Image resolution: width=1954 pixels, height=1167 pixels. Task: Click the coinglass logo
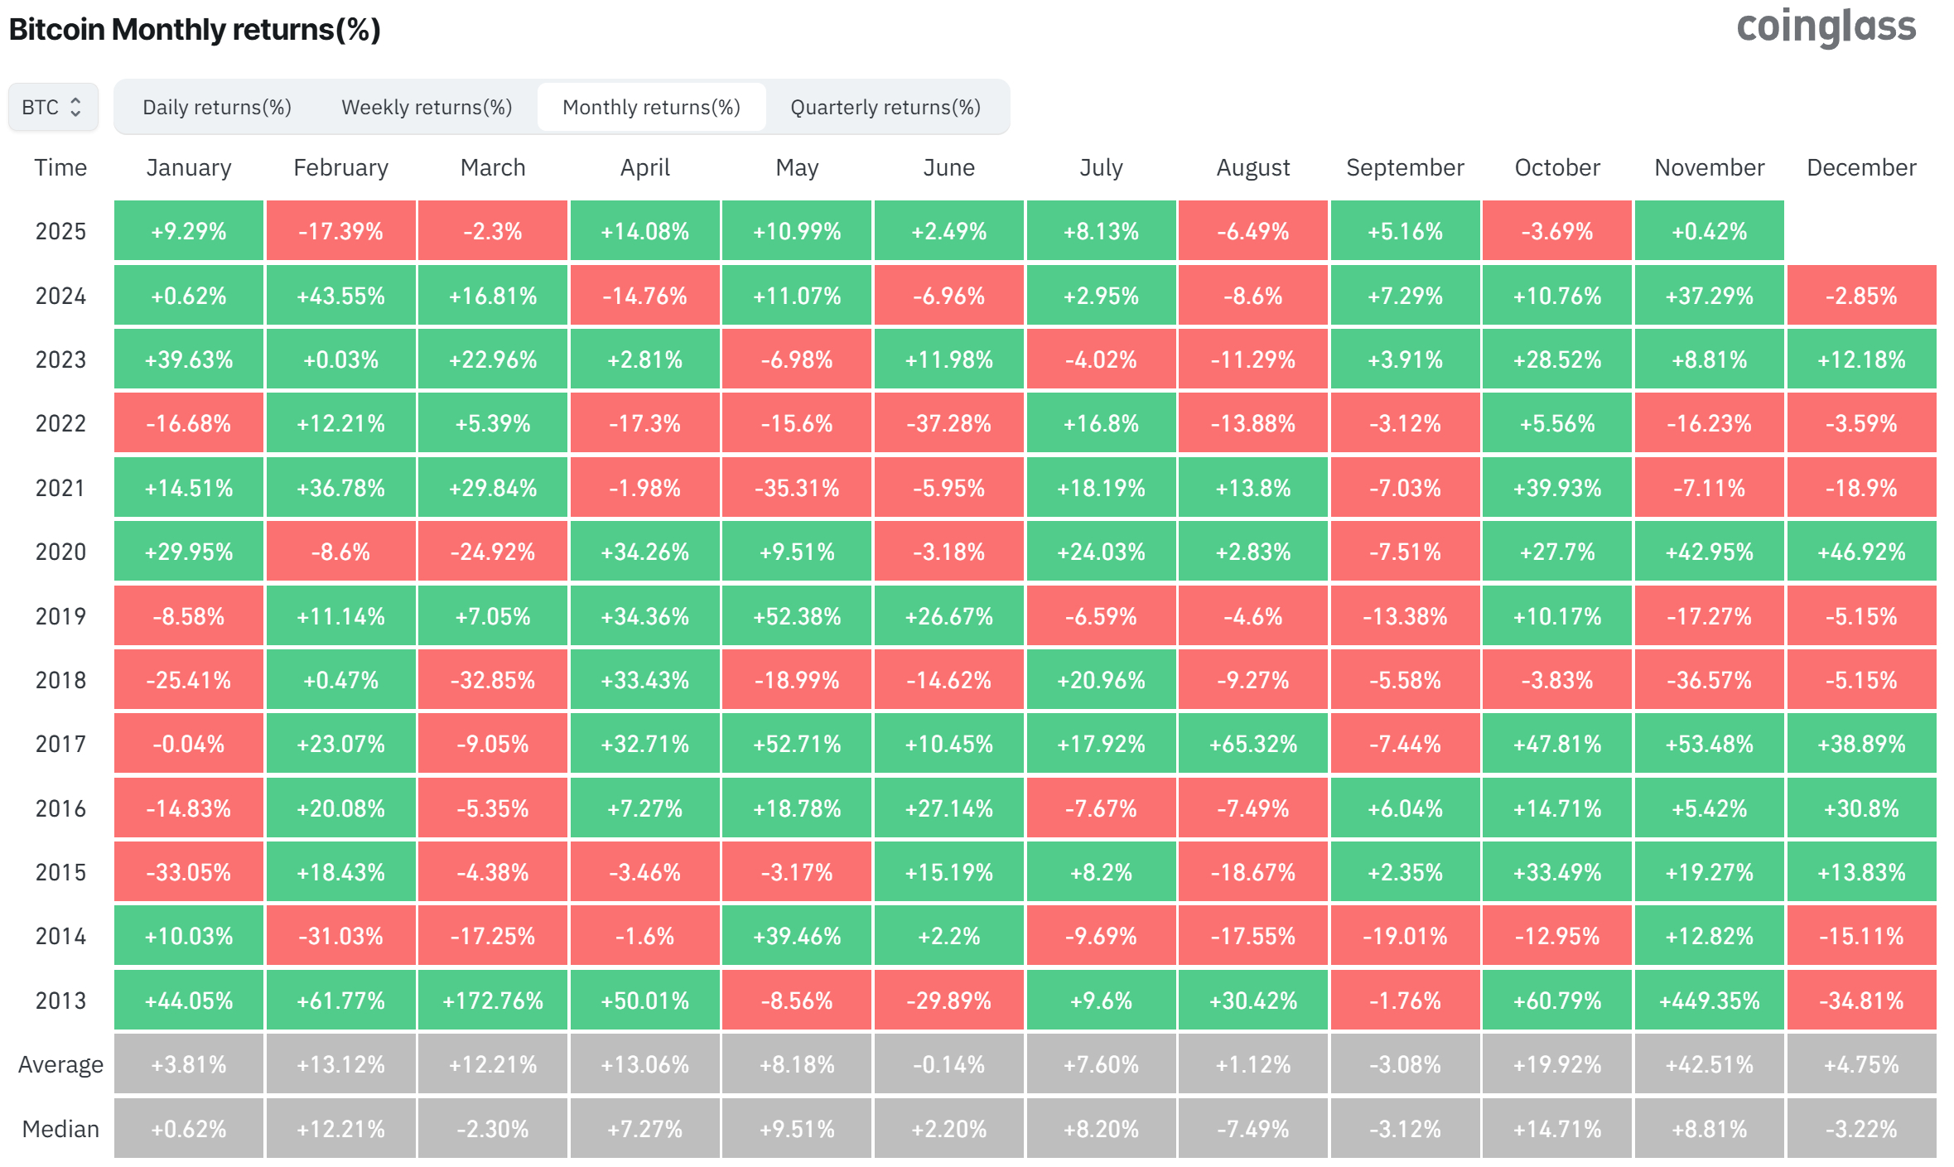pyautogui.click(x=1826, y=27)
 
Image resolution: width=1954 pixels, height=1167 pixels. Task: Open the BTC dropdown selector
pyautogui.click(x=53, y=107)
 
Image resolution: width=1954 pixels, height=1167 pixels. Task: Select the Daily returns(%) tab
pyautogui.click(x=217, y=107)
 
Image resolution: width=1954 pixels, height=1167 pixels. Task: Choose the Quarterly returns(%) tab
pyautogui.click(x=885, y=107)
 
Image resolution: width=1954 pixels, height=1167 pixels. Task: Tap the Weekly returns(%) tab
pyautogui.click(x=427, y=107)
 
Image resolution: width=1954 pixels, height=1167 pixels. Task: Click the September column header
pyautogui.click(x=1405, y=167)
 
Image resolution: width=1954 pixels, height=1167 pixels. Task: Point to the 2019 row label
pyautogui.click(x=60, y=616)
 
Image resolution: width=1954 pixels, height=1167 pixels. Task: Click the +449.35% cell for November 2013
pyautogui.click(x=1709, y=1001)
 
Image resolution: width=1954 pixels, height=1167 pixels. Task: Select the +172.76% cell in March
pyautogui.click(x=493, y=1001)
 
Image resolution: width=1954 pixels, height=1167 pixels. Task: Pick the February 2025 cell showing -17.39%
pyautogui.click(x=340, y=231)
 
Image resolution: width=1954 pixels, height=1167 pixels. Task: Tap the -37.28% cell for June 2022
pyautogui.click(x=948, y=423)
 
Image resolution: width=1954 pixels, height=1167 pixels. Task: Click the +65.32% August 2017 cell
pyautogui.click(x=1252, y=744)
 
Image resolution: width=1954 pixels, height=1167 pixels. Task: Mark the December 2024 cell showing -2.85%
pyautogui.click(x=1861, y=296)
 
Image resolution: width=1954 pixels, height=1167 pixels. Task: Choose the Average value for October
pyautogui.click(x=1557, y=1064)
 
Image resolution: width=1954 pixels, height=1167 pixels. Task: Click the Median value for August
pyautogui.click(x=1252, y=1129)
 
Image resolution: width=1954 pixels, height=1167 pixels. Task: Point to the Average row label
pyautogui.click(x=60, y=1064)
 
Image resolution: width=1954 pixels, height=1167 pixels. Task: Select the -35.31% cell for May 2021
pyautogui.click(x=797, y=488)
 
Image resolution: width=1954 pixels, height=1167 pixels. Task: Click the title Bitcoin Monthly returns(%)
pyautogui.click(x=195, y=30)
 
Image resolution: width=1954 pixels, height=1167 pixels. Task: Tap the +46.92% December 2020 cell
pyautogui.click(x=1861, y=552)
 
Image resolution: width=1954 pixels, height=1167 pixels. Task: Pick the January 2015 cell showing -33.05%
pyautogui.click(x=189, y=872)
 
